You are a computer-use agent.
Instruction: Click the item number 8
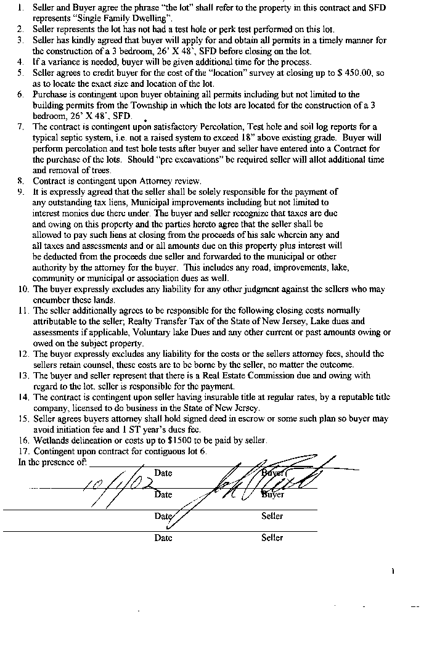(20, 181)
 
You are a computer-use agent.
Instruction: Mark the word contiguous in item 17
(171, 450)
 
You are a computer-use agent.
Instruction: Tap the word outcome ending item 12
(338, 365)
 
